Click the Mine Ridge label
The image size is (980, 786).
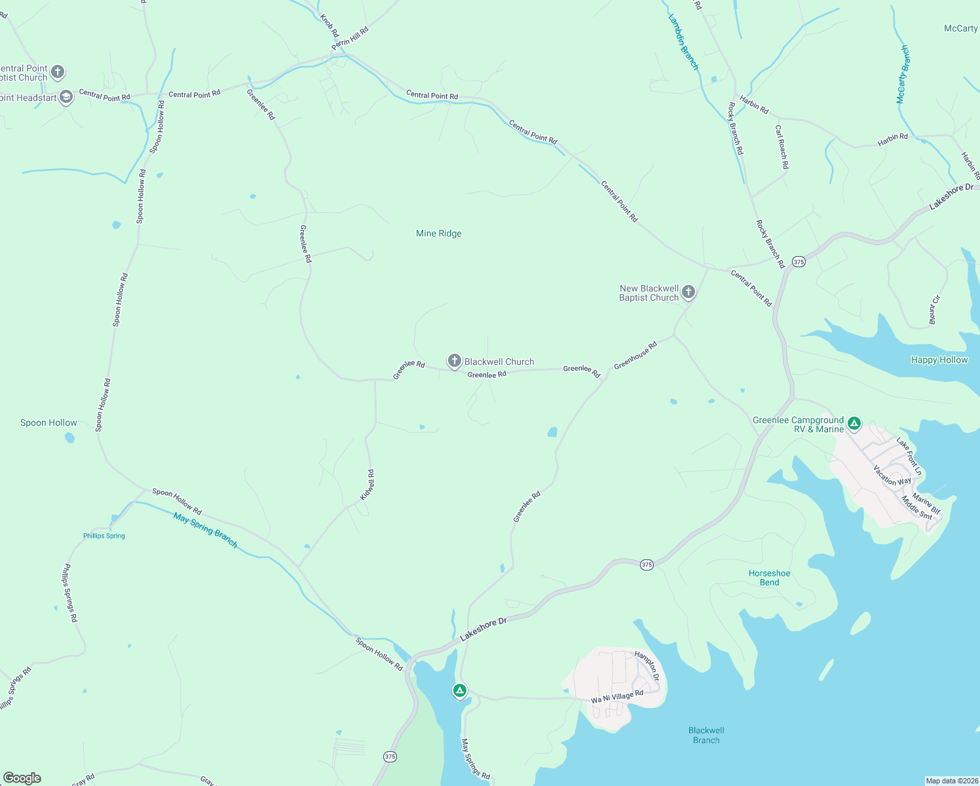point(439,234)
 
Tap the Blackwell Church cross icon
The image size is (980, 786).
point(454,361)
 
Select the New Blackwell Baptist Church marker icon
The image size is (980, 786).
point(688,292)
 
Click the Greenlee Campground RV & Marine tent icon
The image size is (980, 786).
point(854,423)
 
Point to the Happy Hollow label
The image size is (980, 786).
point(939,360)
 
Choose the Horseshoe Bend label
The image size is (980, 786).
point(769,578)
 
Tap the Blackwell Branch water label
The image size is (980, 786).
point(706,735)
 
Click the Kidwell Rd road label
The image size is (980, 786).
point(368,485)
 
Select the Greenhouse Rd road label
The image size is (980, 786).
point(635,355)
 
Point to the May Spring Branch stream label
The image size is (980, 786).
point(205,530)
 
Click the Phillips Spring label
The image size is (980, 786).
point(104,536)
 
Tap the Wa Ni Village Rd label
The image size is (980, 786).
point(617,697)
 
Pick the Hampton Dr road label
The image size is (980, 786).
point(647,665)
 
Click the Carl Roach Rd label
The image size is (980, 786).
point(782,147)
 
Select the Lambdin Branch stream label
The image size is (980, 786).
point(683,42)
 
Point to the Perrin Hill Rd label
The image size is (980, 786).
point(350,39)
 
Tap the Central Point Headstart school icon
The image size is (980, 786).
point(66,98)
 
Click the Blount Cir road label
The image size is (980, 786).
point(934,309)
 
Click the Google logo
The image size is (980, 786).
point(22,778)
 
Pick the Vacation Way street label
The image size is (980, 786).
point(892,476)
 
